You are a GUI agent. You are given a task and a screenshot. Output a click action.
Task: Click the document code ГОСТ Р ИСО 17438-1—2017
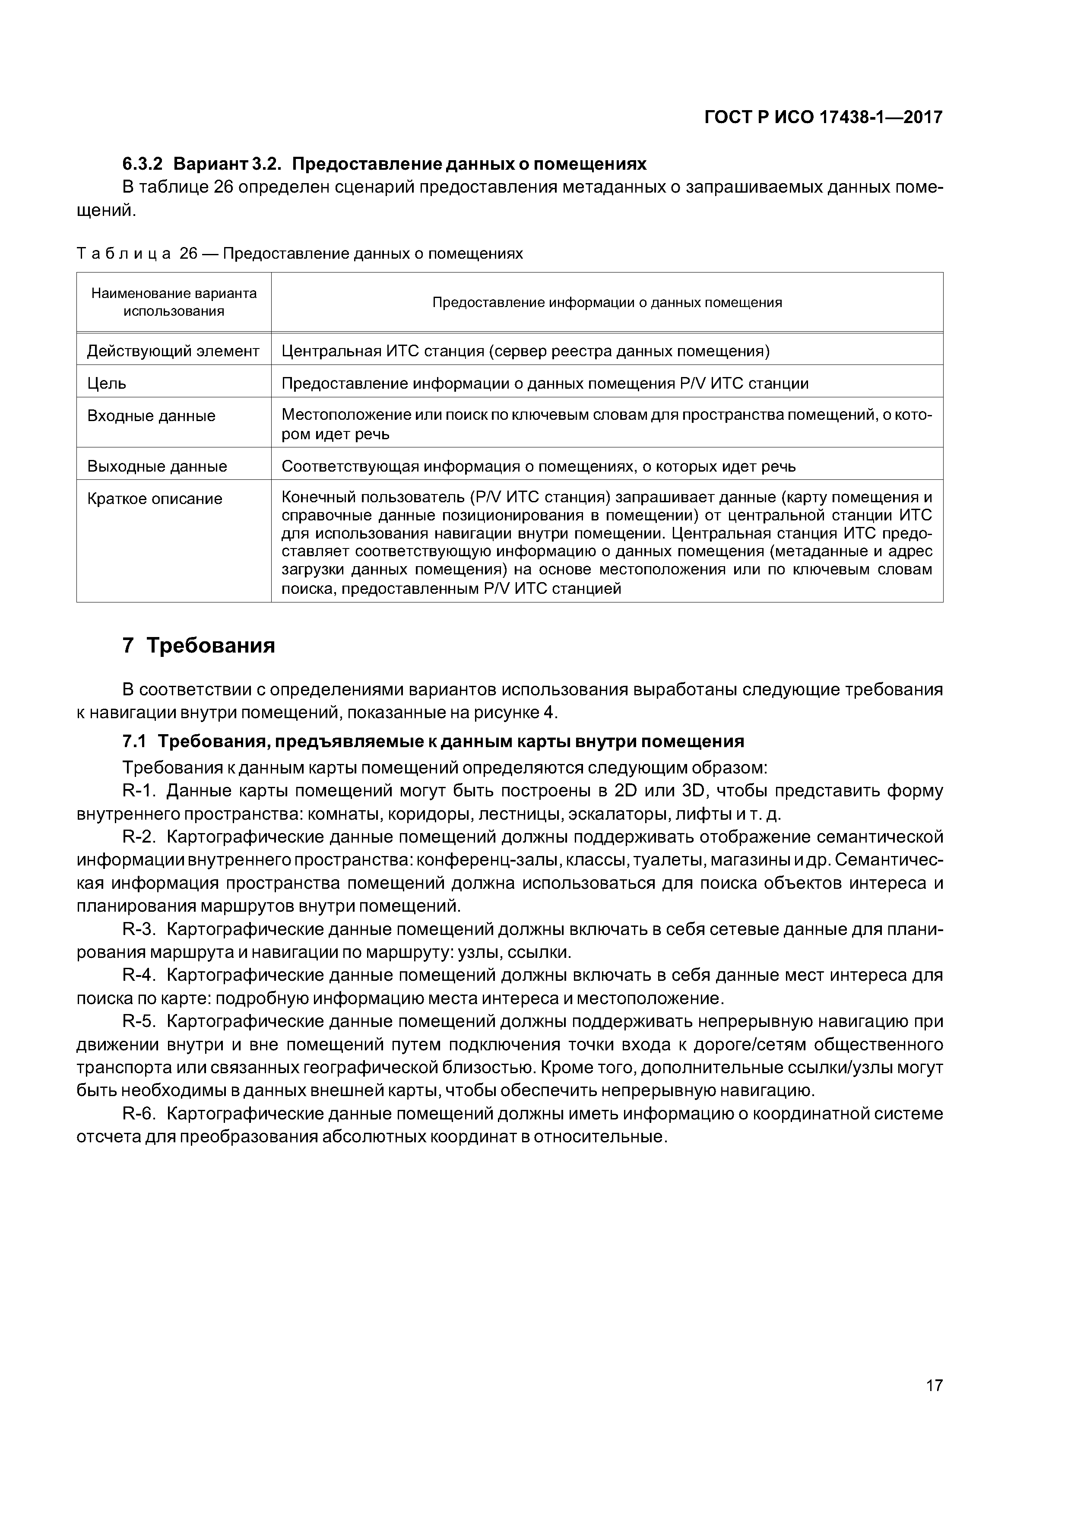(824, 117)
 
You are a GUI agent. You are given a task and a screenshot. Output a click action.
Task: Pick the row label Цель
(107, 384)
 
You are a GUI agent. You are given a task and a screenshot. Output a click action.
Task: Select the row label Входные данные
(151, 416)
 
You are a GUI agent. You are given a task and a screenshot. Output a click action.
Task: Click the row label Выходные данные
(157, 466)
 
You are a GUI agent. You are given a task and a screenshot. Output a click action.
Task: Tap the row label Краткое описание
(155, 499)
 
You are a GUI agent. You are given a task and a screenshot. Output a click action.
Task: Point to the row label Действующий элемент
(173, 351)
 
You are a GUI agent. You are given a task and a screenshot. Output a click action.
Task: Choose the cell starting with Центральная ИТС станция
(525, 351)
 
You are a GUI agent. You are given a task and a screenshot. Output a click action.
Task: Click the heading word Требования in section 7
(210, 645)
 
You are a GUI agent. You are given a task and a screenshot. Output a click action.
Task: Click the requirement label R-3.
(139, 930)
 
